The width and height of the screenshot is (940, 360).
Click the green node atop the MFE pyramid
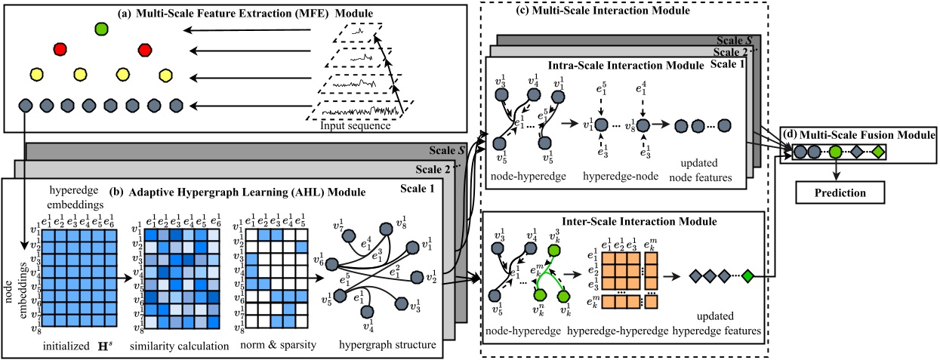coord(101,29)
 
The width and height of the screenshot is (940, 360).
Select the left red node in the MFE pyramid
coord(60,51)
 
